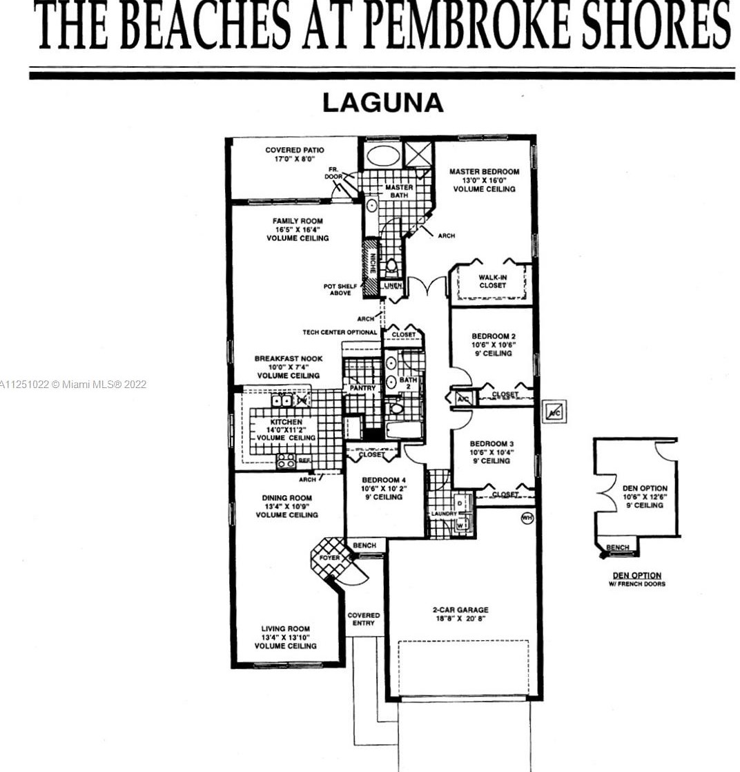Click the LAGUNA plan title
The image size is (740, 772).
pyautogui.click(x=383, y=103)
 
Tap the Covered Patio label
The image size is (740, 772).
pyautogui.click(x=295, y=150)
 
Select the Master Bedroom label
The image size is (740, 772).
pyautogui.click(x=484, y=172)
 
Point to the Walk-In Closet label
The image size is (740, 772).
pyautogui.click(x=492, y=281)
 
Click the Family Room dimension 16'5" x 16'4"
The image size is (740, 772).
pyautogui.click(x=298, y=229)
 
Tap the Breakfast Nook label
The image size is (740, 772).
pyautogui.click(x=289, y=358)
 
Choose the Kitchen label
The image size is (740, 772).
pyautogui.click(x=286, y=422)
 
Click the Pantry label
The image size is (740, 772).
pyautogui.click(x=362, y=388)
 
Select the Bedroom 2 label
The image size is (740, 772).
pyautogui.click(x=494, y=336)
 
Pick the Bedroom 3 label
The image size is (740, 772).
pyautogui.click(x=492, y=443)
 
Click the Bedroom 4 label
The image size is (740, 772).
pyautogui.click(x=384, y=480)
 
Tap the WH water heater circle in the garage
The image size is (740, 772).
pyautogui.click(x=527, y=518)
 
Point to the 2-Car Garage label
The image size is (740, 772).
pyautogui.click(x=461, y=610)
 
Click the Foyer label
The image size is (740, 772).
pyautogui.click(x=329, y=558)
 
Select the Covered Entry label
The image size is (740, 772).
pyautogui.click(x=364, y=619)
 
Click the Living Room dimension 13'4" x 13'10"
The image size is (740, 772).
pyautogui.click(x=286, y=637)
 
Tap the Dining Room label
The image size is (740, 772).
pyautogui.click(x=286, y=498)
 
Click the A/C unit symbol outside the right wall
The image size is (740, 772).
pyautogui.click(x=554, y=412)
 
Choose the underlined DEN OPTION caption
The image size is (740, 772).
pyautogui.click(x=637, y=576)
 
